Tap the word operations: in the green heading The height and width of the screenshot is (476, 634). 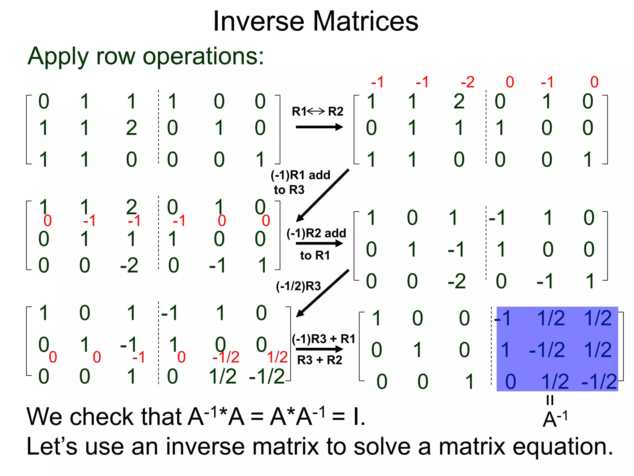[x=203, y=56]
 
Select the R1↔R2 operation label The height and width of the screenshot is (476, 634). [x=318, y=111]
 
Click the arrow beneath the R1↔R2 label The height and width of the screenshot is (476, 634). [x=319, y=127]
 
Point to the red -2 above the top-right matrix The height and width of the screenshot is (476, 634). [x=467, y=82]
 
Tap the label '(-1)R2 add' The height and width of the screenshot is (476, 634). [x=316, y=233]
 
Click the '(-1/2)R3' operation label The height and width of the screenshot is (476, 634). [x=298, y=286]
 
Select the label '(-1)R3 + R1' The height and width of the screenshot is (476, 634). [x=324, y=339]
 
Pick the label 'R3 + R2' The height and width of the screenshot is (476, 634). [x=319, y=360]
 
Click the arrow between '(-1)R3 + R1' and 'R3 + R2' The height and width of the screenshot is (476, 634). [x=319, y=349]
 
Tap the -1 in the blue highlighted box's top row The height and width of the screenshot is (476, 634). [x=503, y=318]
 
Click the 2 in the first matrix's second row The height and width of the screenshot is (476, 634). [x=131, y=128]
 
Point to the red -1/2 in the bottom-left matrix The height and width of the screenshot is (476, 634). [x=226, y=357]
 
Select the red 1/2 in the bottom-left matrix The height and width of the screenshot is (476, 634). [x=277, y=357]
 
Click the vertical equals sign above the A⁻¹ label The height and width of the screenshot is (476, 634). [x=550, y=400]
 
